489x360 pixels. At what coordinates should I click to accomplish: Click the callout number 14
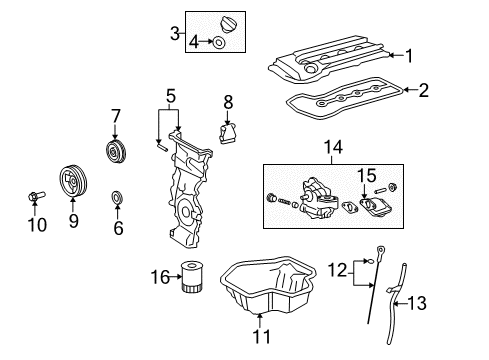click(x=333, y=147)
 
